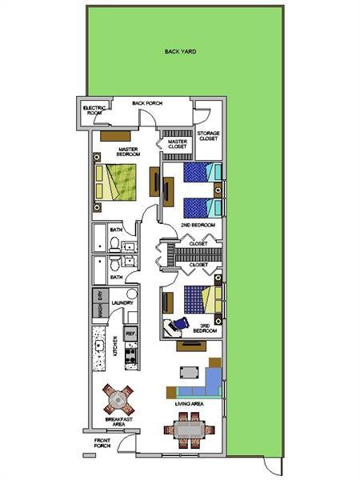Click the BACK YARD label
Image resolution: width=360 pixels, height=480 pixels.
[x=180, y=51]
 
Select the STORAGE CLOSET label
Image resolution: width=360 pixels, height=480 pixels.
[x=208, y=136]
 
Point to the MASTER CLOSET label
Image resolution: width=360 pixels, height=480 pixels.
[x=177, y=144]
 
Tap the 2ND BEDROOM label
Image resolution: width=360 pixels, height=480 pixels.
[x=198, y=226]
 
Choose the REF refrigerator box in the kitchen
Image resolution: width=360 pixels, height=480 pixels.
[x=130, y=332]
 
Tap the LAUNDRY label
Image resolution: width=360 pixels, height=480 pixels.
[x=122, y=302]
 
